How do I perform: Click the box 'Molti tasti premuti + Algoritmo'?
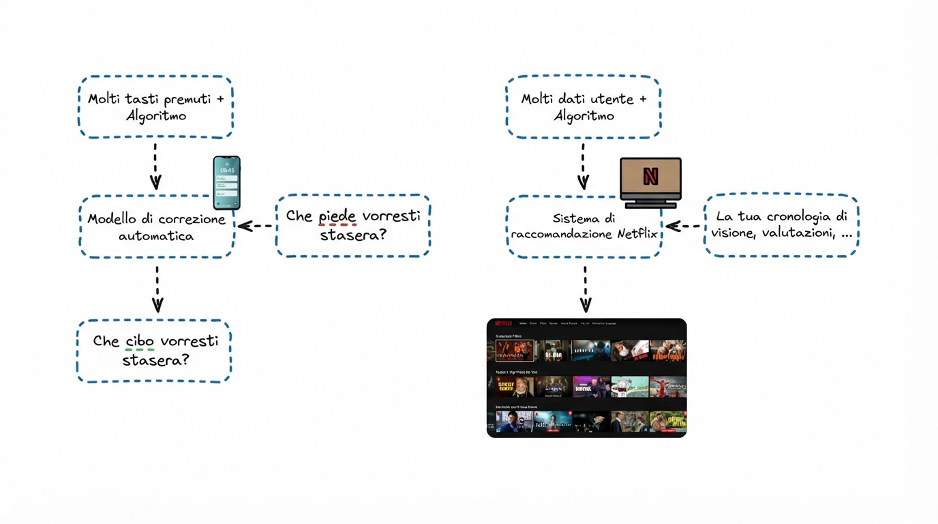click(155, 107)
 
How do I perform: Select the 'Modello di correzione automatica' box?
click(156, 227)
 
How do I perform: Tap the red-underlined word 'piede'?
click(337, 216)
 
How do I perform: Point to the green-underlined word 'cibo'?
click(140, 341)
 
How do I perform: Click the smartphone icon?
click(226, 183)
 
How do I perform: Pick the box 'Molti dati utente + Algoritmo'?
click(583, 107)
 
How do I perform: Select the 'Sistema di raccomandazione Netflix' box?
click(584, 227)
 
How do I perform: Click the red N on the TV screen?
click(650, 177)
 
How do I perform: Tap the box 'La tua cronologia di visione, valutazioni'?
click(781, 224)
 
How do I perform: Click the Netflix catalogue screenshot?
click(586, 377)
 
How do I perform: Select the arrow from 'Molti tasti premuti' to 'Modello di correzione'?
click(155, 166)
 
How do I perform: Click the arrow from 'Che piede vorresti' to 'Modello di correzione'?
click(256, 226)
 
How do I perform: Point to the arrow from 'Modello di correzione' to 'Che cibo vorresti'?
click(157, 289)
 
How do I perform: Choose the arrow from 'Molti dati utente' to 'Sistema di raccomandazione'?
click(583, 166)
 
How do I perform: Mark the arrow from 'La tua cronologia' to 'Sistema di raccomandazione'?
click(683, 226)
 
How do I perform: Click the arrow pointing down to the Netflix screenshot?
click(585, 289)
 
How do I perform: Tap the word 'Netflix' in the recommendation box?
click(637, 234)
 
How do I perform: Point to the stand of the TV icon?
click(650, 203)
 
